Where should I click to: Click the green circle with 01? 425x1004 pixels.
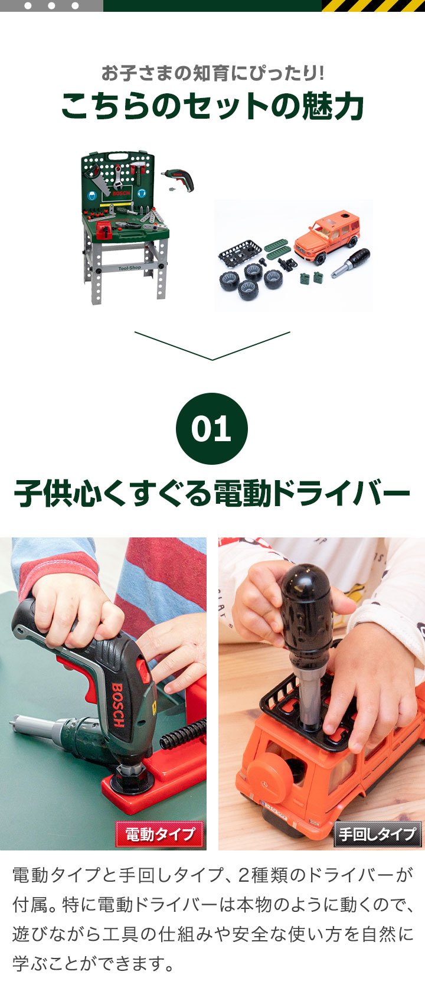click(x=212, y=428)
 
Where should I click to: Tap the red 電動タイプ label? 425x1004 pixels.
click(x=159, y=834)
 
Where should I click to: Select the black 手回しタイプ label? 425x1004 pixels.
click(x=378, y=834)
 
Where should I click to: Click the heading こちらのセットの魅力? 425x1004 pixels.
click(x=212, y=107)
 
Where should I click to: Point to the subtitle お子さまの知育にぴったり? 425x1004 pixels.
click(x=212, y=73)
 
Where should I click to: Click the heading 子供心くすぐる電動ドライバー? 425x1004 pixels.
click(x=212, y=493)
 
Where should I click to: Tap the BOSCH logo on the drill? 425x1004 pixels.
click(x=118, y=705)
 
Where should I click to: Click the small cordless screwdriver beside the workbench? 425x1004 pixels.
click(x=179, y=180)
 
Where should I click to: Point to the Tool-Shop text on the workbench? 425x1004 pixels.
click(x=130, y=268)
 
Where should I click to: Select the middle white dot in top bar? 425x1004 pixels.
click(x=51, y=6)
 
